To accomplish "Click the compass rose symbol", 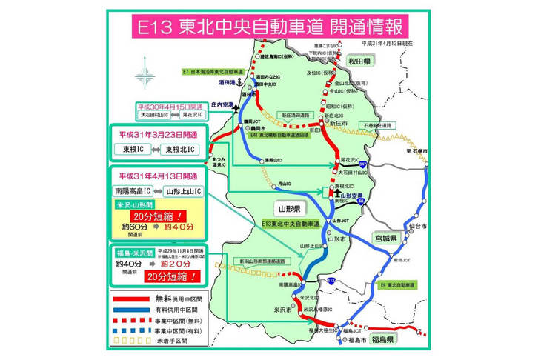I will pyautogui.click(x=145, y=77).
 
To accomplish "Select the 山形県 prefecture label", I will pyautogui.click(x=285, y=209).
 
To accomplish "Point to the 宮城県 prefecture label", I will pyautogui.click(x=386, y=239).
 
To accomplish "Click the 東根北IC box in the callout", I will pyautogui.click(x=181, y=150).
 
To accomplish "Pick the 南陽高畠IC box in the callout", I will pyautogui.click(x=130, y=191).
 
